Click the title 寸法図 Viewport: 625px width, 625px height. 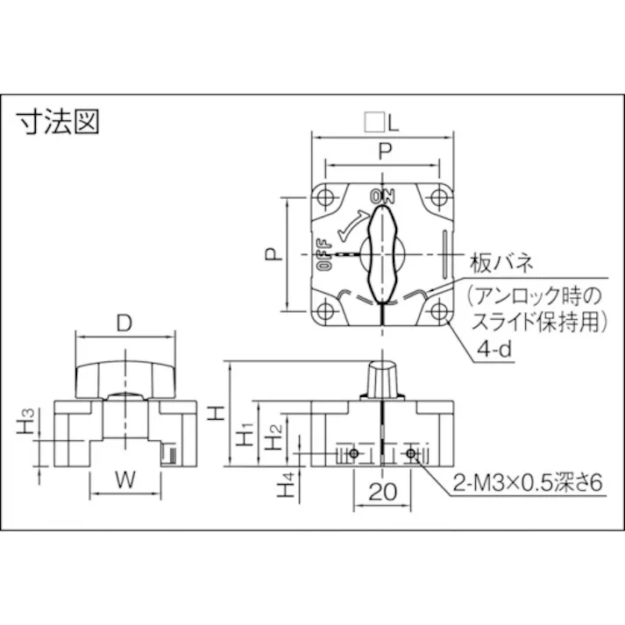(x=59, y=122)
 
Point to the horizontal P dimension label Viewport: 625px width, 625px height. (x=384, y=152)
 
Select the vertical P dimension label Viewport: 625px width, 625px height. (x=273, y=254)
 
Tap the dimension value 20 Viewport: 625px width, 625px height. (x=381, y=493)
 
